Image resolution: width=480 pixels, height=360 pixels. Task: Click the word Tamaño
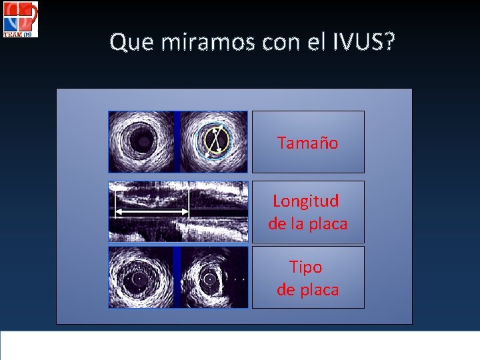coord(307,143)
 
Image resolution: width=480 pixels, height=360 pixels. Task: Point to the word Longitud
coord(306,201)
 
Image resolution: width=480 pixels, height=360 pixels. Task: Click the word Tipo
coord(306,267)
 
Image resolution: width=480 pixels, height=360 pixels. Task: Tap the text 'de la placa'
coord(307,223)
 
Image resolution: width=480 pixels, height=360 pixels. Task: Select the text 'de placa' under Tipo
coord(307,289)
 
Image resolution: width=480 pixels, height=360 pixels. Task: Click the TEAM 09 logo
coord(20,19)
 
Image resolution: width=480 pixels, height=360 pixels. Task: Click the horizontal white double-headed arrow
coord(152,212)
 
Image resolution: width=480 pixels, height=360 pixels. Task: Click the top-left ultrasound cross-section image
coord(141,141)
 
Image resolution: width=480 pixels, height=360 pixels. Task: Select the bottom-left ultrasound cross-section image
coord(141,277)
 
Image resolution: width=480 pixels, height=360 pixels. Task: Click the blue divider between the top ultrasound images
coord(177,141)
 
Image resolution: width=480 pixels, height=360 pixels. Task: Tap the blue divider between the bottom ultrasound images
coord(177,277)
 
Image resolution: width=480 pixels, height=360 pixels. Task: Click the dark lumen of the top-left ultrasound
coord(141,141)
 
